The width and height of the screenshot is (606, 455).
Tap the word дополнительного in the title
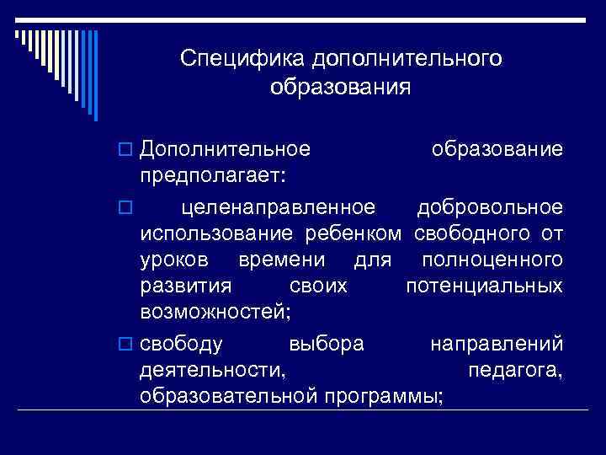(x=407, y=59)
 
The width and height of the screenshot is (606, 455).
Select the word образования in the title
(x=341, y=87)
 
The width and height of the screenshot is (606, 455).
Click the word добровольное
(x=490, y=206)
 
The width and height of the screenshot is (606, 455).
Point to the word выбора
(x=326, y=344)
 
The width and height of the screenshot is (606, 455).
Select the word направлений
(x=497, y=344)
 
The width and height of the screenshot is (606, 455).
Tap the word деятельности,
(x=213, y=370)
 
